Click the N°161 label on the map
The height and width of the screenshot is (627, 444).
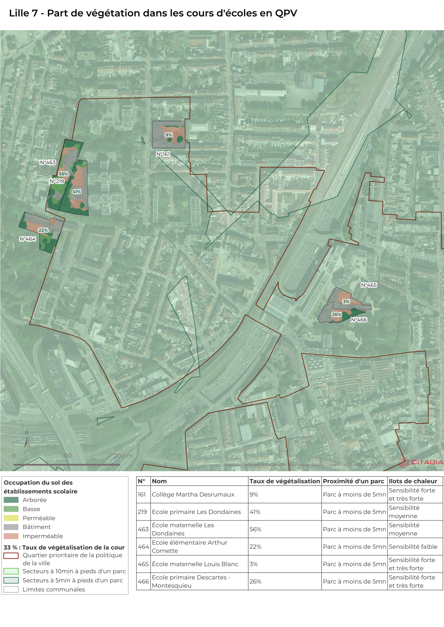tap(163, 154)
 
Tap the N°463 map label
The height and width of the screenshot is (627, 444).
tap(48, 163)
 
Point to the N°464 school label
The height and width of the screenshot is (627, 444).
tap(28, 239)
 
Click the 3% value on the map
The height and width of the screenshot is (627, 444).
tap(346, 301)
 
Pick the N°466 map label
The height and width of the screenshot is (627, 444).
tap(359, 320)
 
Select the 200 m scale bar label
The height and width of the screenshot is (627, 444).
tap(123, 456)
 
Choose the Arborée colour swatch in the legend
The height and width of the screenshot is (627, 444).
tap(11, 500)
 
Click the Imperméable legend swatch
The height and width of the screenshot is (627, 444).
tap(11, 536)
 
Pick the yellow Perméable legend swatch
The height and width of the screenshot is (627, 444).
tap(11, 518)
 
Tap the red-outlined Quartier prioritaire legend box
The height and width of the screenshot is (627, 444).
tap(11, 556)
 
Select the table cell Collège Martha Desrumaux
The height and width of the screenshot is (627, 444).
tap(193, 494)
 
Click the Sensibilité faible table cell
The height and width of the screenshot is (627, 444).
tap(413, 546)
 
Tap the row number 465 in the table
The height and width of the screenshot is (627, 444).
tap(143, 564)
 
